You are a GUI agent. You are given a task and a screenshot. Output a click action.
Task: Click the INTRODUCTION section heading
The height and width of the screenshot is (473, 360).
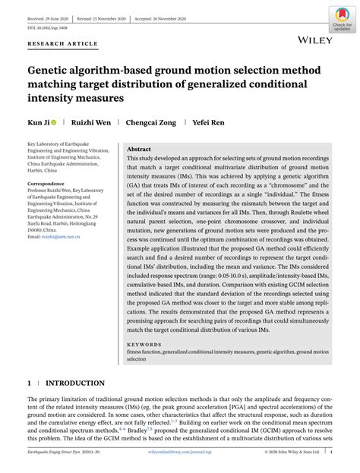pyautogui.click(x=77, y=384)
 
